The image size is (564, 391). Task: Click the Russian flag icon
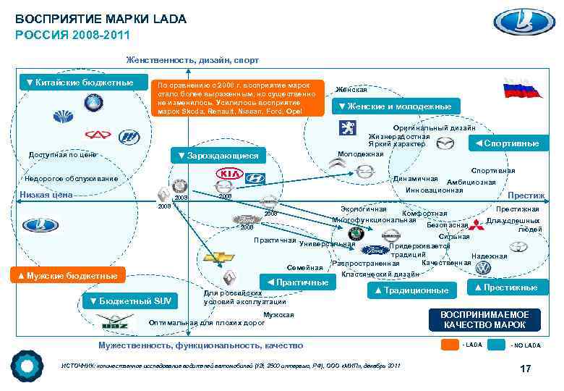click(x=521, y=89)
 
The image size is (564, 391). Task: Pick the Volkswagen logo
click(x=482, y=267)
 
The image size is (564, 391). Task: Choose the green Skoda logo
click(x=356, y=233)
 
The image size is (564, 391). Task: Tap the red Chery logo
click(x=96, y=134)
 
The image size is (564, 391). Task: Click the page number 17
click(x=526, y=369)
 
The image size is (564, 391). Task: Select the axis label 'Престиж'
click(x=526, y=195)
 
